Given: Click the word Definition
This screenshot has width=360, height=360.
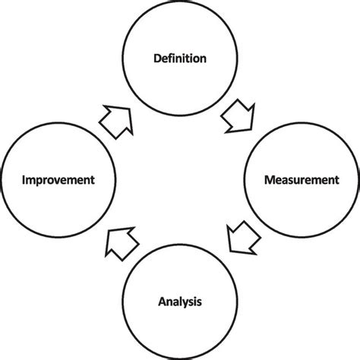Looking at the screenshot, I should [180, 58].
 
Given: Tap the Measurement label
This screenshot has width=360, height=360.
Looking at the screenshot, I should [302, 180].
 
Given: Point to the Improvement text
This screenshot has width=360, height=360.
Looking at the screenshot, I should [58, 180].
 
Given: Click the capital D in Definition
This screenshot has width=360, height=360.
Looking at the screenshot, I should [157, 58].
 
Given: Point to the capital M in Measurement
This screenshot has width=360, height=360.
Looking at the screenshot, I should [269, 180].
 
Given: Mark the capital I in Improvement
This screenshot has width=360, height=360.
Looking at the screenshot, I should [24, 180].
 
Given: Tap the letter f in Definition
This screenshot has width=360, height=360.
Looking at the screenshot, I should [172, 58].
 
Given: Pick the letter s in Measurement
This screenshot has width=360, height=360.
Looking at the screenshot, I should [292, 181].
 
